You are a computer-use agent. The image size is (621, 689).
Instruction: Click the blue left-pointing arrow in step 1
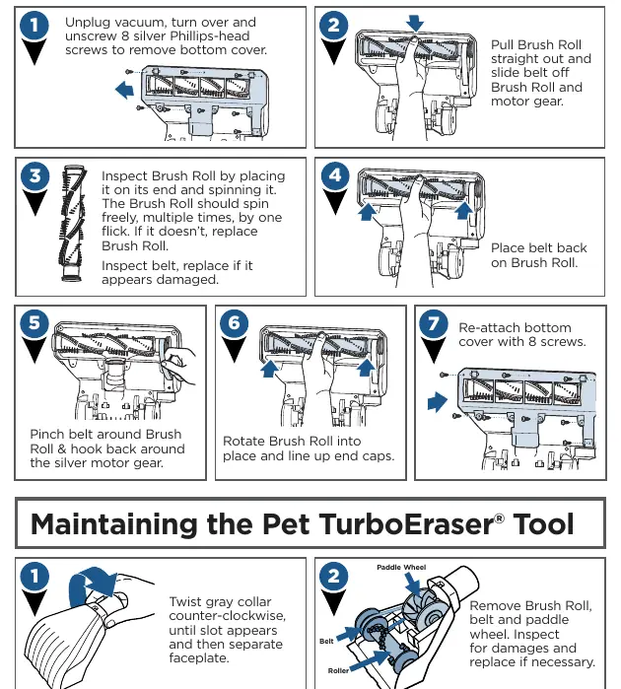124,90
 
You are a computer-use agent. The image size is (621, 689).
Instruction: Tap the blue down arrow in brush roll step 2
414,23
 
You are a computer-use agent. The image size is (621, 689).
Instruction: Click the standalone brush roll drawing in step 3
73,223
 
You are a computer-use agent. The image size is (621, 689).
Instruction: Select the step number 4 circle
335,174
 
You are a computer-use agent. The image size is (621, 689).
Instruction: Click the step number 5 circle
34,322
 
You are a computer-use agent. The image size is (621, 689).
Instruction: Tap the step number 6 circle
234,323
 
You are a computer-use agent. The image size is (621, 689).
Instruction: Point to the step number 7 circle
434,324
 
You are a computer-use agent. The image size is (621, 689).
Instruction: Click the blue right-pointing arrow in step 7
438,402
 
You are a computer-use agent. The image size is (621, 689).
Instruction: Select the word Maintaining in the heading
114,524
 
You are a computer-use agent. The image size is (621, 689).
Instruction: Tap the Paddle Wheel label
401,568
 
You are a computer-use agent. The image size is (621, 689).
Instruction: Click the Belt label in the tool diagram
326,641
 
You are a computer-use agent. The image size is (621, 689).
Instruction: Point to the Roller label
338,670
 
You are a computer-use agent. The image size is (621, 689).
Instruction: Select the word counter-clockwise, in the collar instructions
228,616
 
